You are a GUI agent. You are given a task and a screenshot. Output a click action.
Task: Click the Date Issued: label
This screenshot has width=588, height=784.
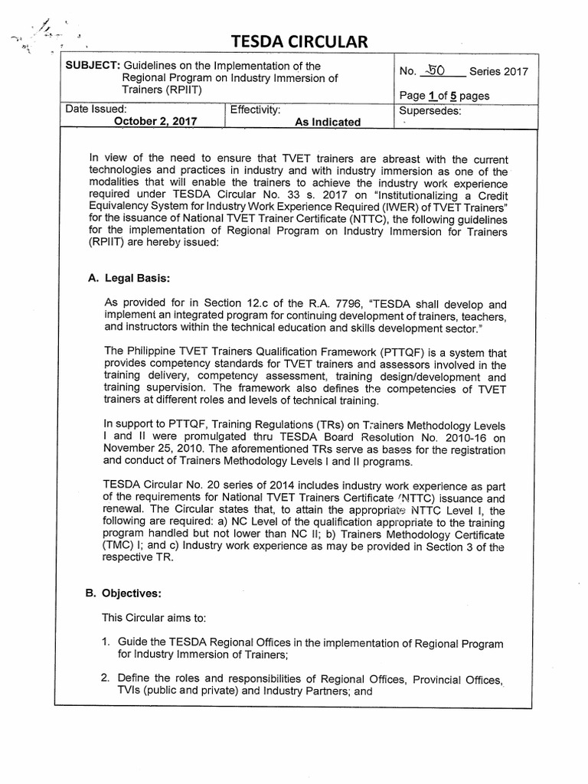pyautogui.click(x=96, y=109)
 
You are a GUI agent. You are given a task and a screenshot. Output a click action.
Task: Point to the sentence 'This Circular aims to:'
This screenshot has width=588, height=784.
pyautogui.click(x=151, y=617)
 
